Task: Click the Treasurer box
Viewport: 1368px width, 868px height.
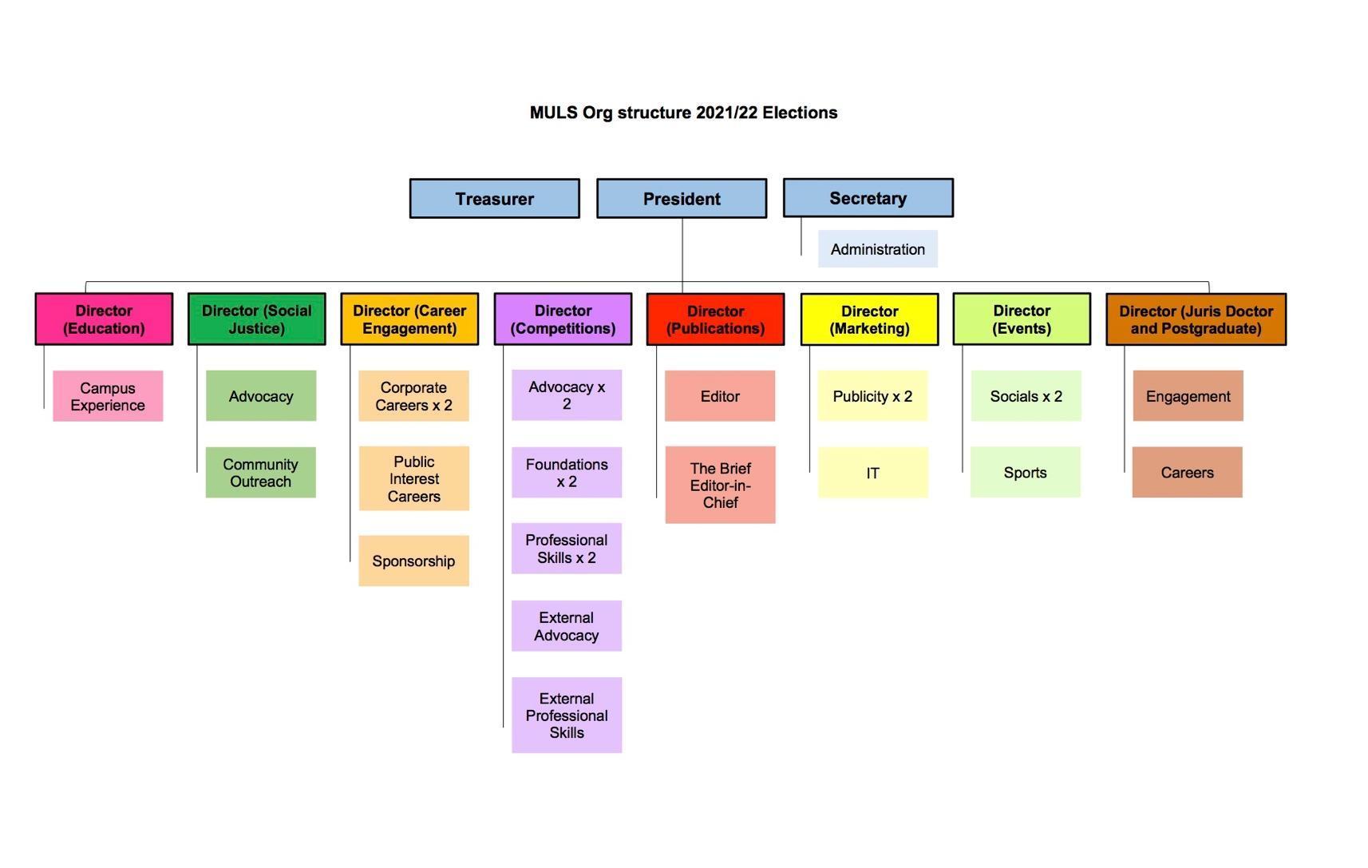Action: click(494, 199)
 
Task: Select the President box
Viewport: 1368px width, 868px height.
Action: click(682, 199)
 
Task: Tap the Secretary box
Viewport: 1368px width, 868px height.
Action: click(868, 198)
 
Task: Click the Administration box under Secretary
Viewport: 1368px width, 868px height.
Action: click(877, 249)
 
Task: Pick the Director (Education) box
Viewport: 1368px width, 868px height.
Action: click(104, 319)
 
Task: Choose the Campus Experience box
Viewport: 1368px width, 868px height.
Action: click(108, 396)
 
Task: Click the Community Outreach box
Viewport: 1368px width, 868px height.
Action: click(260, 473)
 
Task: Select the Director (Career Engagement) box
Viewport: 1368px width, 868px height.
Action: click(409, 319)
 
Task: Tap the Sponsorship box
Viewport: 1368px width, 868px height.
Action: click(413, 561)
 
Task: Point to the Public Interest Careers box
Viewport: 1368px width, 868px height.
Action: click(413, 479)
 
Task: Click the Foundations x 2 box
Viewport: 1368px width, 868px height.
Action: click(567, 473)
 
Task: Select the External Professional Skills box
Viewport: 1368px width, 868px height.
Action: click(567, 715)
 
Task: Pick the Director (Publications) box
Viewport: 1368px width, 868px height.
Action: click(715, 319)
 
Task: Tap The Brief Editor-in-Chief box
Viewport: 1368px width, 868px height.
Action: click(720, 486)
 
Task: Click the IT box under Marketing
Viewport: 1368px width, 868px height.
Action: click(872, 473)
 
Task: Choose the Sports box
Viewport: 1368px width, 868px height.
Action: click(1025, 473)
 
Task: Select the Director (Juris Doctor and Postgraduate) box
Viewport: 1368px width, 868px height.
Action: click(1196, 319)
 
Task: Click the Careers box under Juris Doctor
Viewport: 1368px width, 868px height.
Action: click(1187, 473)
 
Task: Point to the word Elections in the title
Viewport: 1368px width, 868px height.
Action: click(799, 113)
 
